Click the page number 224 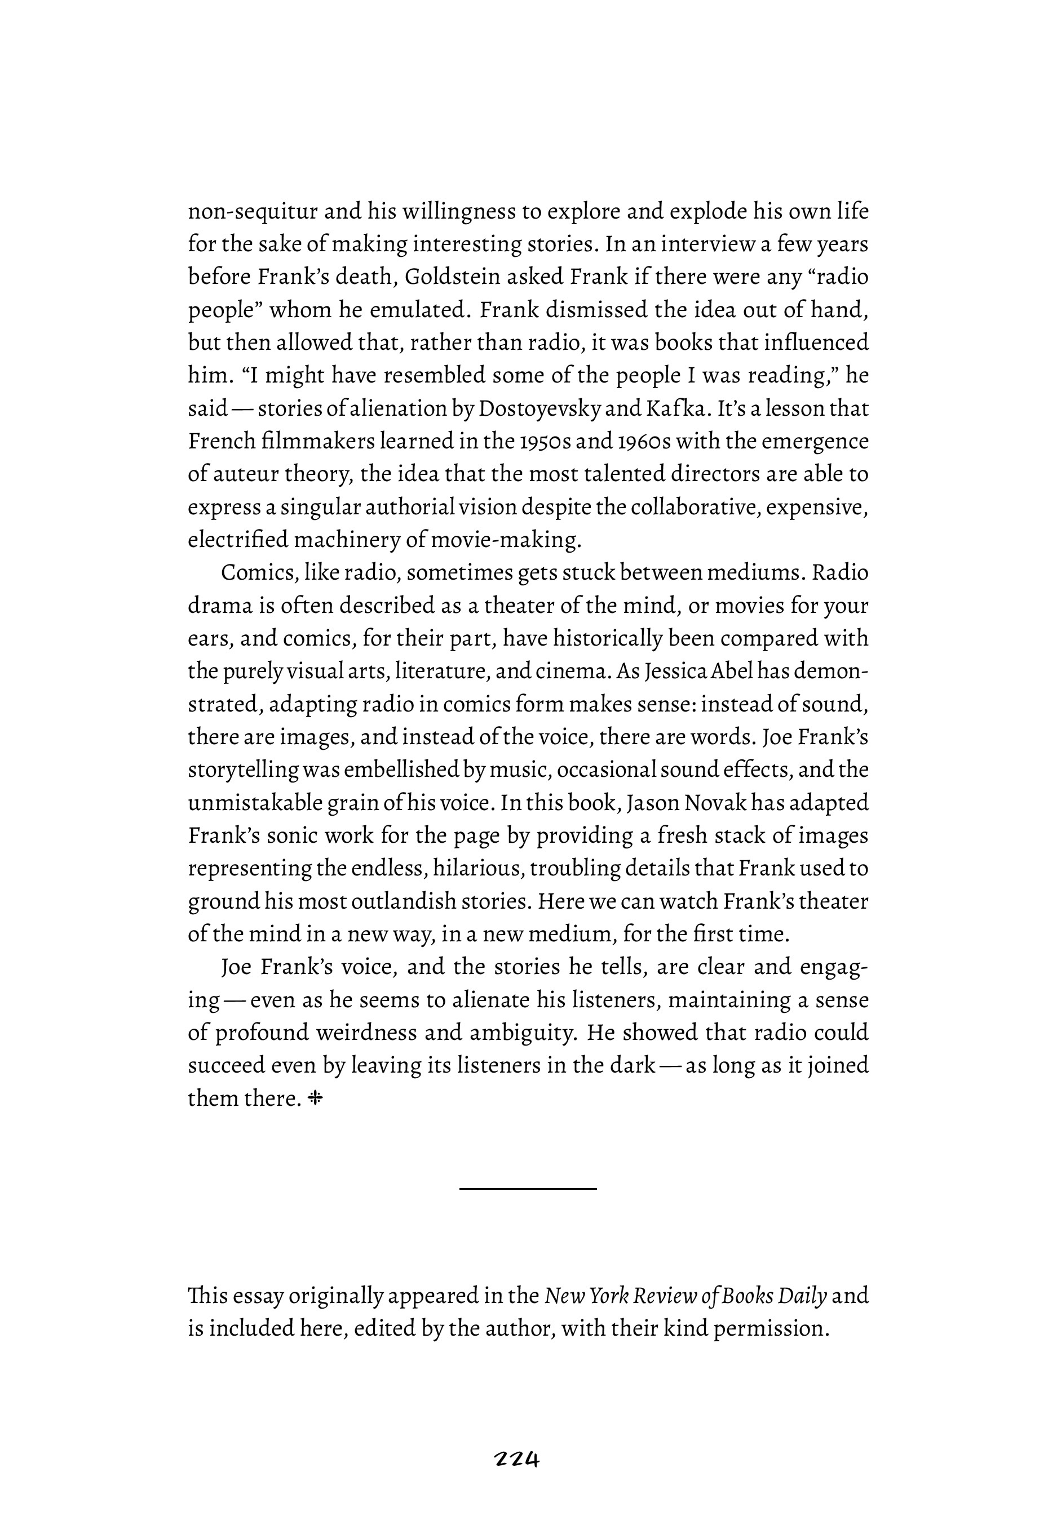point(518,1459)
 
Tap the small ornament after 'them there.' point(315,1098)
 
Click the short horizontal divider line point(528,1189)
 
